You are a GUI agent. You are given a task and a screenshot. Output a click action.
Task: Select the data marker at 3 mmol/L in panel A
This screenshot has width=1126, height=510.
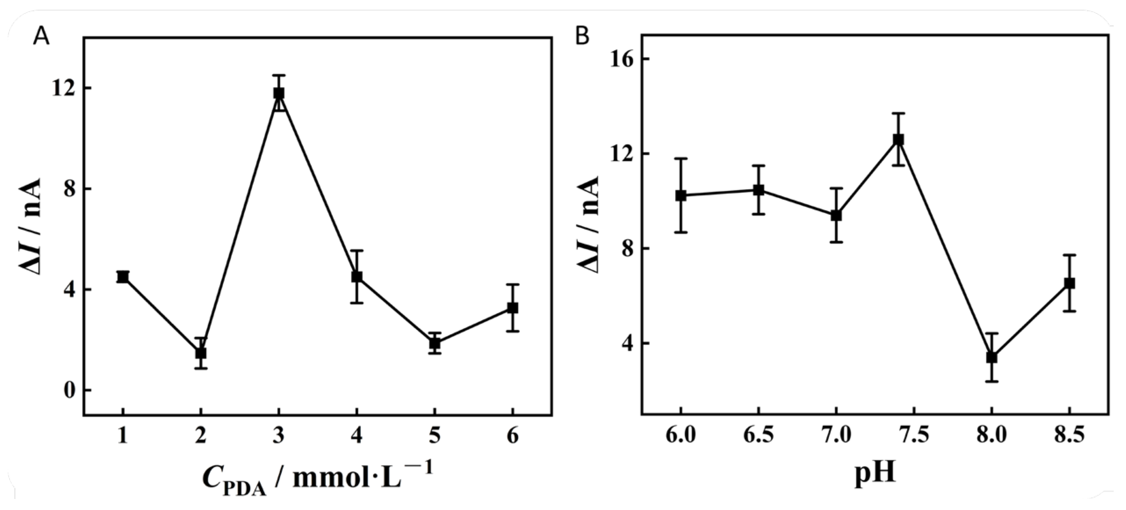click(279, 93)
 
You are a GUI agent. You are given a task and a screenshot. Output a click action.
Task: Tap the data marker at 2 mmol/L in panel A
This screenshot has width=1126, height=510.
click(201, 353)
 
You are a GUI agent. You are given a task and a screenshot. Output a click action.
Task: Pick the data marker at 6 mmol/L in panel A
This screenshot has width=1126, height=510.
click(512, 308)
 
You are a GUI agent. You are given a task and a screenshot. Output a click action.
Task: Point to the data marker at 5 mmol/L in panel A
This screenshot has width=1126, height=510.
click(435, 343)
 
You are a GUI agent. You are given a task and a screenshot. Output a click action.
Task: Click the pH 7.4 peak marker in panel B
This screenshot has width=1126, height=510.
click(899, 139)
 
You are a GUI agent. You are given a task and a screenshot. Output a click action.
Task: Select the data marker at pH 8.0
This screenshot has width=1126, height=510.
click(992, 357)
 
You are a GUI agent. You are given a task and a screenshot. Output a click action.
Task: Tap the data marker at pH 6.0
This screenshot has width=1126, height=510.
click(681, 196)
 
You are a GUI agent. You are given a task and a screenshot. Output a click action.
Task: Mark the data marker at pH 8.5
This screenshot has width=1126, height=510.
click(1069, 283)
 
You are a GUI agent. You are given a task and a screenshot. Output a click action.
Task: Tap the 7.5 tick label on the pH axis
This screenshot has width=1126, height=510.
click(914, 436)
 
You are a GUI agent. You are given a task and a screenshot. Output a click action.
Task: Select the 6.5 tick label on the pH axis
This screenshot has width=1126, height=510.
click(758, 436)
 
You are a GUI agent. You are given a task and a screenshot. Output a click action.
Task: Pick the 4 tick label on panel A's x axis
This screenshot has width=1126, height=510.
click(357, 436)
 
